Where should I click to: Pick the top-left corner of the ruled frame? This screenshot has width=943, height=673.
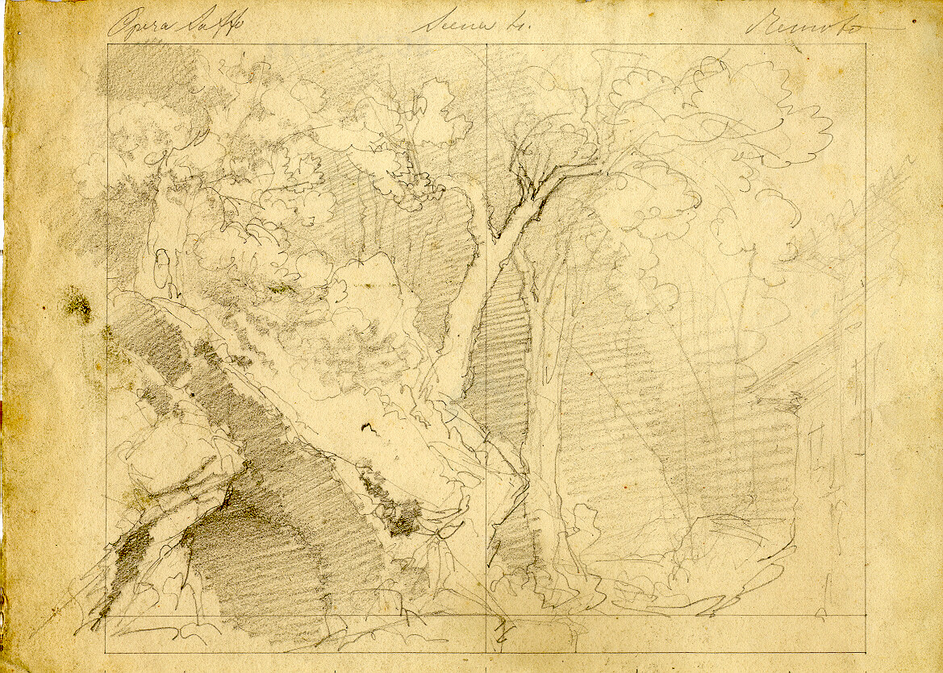(x=107, y=44)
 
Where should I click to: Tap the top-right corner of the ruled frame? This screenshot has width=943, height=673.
(x=866, y=44)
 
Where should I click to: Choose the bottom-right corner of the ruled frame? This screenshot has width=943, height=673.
(x=866, y=651)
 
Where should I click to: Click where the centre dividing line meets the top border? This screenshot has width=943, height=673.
(x=486, y=44)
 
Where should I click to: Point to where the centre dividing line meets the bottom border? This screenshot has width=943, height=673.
(x=486, y=651)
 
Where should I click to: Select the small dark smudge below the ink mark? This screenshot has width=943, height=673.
(x=399, y=516)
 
